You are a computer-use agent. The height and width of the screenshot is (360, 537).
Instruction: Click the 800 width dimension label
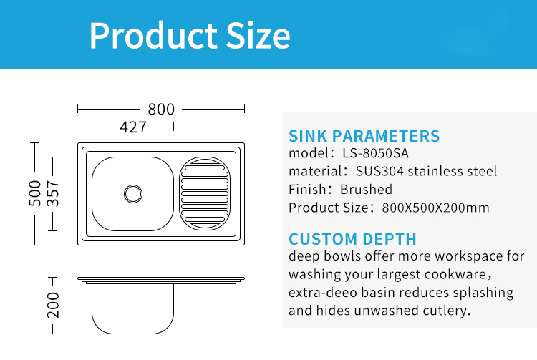pyautogui.click(x=161, y=110)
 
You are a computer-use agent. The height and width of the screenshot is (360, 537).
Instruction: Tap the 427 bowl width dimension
pyautogui.click(x=133, y=127)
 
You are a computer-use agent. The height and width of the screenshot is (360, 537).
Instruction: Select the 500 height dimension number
pyautogui.click(x=34, y=194)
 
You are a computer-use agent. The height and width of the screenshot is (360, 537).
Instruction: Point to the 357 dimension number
pyautogui.click(x=53, y=194)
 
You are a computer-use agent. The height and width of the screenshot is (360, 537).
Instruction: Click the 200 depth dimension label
pyautogui.click(x=53, y=305)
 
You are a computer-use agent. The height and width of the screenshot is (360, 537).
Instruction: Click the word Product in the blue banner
pyautogui.click(x=153, y=36)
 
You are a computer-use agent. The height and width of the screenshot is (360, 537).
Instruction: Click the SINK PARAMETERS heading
pyautogui.click(x=364, y=136)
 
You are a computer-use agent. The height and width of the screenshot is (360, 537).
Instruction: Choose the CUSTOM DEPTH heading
pyautogui.click(x=352, y=239)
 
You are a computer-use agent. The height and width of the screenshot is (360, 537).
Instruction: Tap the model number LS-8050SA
pyautogui.click(x=375, y=153)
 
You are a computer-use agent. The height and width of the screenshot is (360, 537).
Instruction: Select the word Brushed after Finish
pyautogui.click(x=366, y=189)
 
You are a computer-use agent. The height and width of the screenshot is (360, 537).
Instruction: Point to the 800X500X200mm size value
pyautogui.click(x=435, y=208)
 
